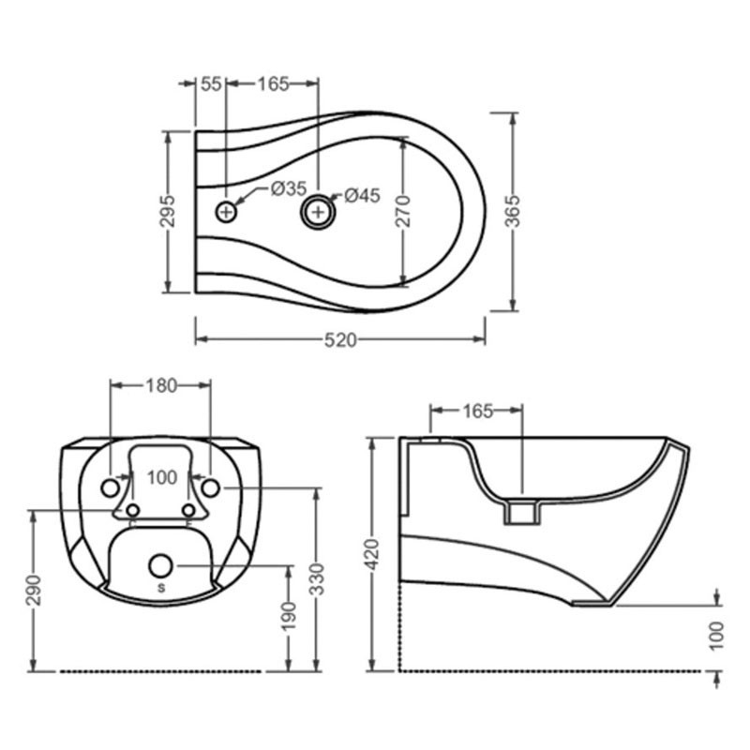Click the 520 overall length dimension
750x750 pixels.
[340, 340]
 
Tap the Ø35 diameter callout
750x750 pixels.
[289, 188]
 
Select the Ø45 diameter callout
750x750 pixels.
[362, 195]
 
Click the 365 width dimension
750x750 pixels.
[513, 212]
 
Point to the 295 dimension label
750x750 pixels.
[168, 211]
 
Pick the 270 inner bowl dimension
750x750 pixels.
[403, 211]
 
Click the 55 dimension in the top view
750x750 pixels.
[210, 84]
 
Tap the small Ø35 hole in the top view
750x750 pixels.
[226, 212]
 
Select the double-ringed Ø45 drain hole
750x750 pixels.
[318, 212]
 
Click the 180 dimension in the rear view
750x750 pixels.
[161, 385]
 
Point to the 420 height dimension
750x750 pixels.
[372, 554]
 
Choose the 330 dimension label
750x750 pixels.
[316, 579]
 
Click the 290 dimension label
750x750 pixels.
[35, 591]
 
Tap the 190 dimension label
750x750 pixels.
[289, 617]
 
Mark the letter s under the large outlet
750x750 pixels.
[161, 588]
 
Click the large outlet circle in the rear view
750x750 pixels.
[160, 566]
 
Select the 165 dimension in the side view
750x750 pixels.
[477, 411]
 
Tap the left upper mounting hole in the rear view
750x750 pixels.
[111, 488]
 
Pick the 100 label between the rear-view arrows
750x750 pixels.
[162, 477]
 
